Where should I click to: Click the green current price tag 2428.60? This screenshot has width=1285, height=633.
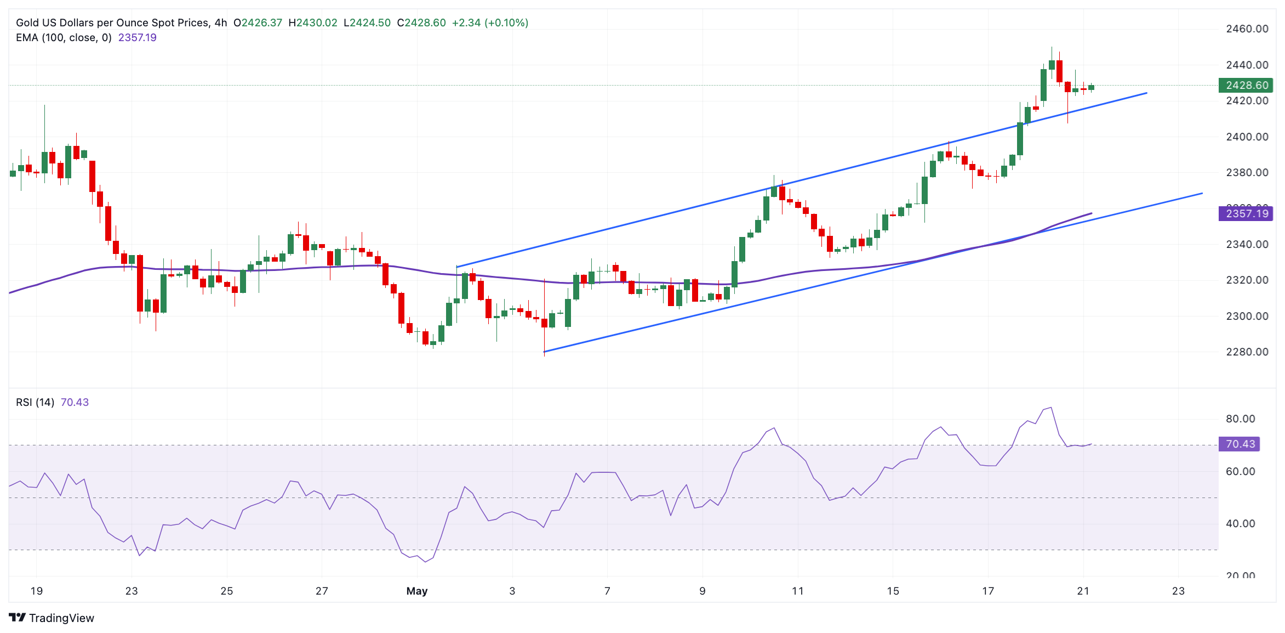(1246, 85)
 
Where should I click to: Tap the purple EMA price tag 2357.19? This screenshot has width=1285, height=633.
(1246, 213)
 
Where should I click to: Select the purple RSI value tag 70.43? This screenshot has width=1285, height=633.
(1239, 444)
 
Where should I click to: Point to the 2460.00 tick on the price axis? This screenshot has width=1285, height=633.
(1247, 29)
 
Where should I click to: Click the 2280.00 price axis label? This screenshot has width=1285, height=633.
(1247, 352)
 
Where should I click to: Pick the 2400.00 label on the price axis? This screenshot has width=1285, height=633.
(1247, 137)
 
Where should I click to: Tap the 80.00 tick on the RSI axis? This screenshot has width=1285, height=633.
(1240, 419)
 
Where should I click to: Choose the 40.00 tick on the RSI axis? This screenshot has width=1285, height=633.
(1240, 523)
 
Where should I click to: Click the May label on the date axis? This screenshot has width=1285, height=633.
(417, 591)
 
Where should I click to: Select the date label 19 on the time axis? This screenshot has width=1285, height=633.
(36, 591)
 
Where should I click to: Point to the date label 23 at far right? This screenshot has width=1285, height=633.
(1178, 591)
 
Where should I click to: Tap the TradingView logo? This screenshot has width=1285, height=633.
(52, 618)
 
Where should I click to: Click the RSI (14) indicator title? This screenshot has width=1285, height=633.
(35, 402)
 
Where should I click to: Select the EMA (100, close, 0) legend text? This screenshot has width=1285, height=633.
(64, 37)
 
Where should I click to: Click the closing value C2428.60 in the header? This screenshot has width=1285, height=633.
(421, 22)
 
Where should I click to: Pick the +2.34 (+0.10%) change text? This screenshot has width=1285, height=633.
(490, 22)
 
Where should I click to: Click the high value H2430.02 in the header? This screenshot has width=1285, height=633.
(313, 22)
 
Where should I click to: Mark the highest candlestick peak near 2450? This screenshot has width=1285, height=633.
(1052, 48)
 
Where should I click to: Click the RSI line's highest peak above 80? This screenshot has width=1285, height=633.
(1050, 408)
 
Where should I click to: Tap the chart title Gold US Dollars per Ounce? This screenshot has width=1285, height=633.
(112, 22)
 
